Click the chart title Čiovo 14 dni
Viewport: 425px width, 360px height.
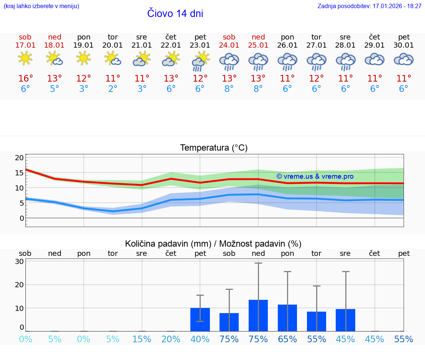tap(175, 14)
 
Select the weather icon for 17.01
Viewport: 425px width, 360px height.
tap(25, 58)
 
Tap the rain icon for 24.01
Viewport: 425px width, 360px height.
tap(229, 62)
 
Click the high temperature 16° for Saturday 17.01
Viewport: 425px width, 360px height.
tap(25, 79)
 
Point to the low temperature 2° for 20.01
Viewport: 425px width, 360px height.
tap(113, 89)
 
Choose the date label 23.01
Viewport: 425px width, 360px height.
tap(200, 45)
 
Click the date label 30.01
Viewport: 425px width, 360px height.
tap(404, 45)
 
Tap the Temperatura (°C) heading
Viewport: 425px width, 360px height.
tap(214, 148)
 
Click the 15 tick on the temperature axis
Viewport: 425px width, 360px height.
tap(19, 173)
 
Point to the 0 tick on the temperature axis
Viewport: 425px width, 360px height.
tap(21, 218)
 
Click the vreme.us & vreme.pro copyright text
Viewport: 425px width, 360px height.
tap(315, 176)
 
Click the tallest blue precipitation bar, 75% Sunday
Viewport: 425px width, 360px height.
tap(258, 315)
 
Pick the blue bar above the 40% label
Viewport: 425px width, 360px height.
tap(200, 319)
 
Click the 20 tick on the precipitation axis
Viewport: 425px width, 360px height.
tap(19, 285)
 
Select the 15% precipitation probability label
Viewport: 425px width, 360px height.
tap(142, 339)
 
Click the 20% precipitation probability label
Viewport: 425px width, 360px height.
tap(171, 339)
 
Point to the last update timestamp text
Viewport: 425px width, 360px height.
tap(369, 6)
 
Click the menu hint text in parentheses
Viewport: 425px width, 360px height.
tap(41, 6)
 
